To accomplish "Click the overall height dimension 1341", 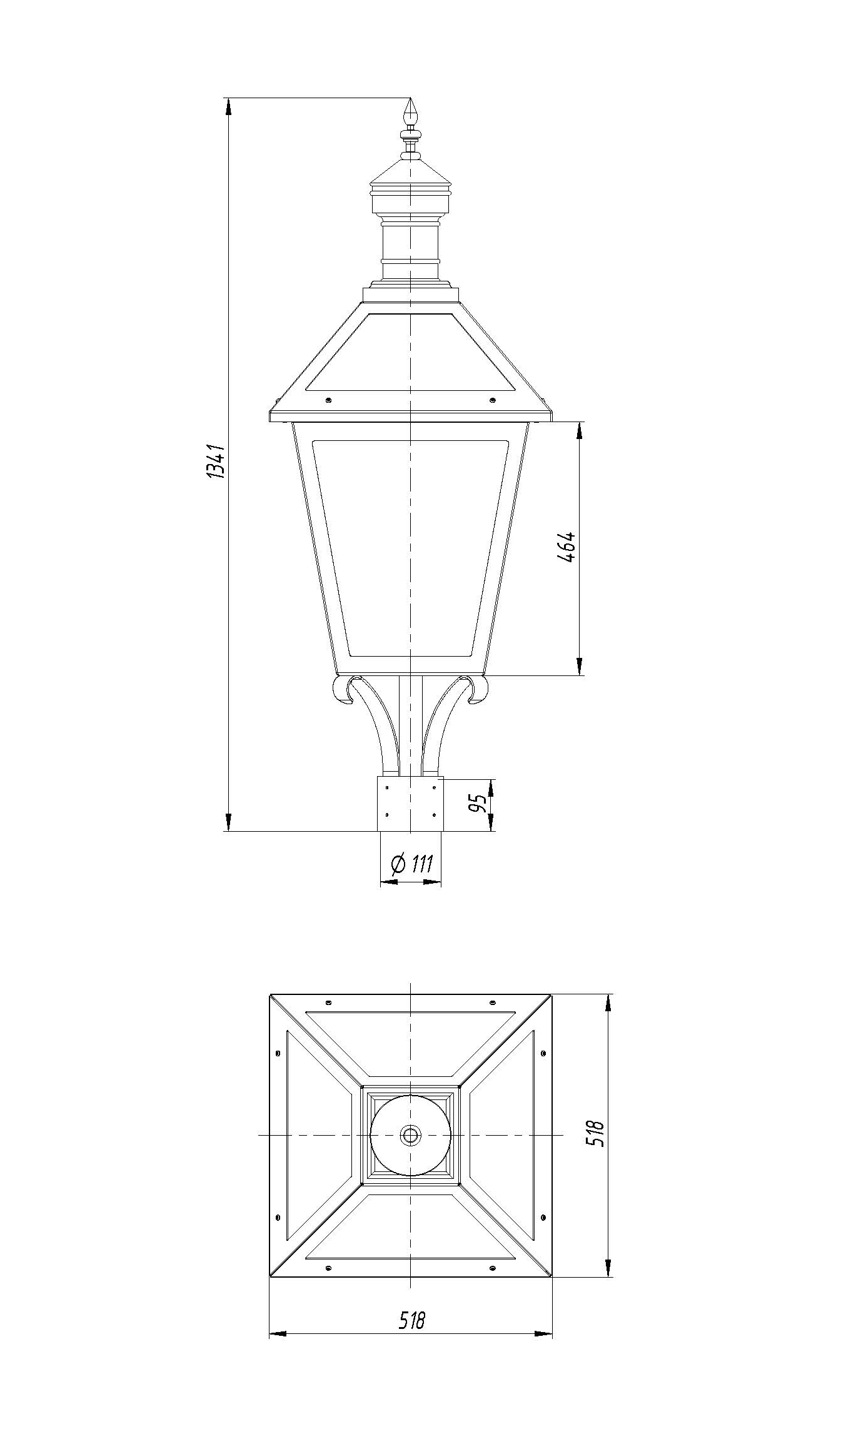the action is tap(214, 462).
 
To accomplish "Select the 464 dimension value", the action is tap(565, 548).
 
